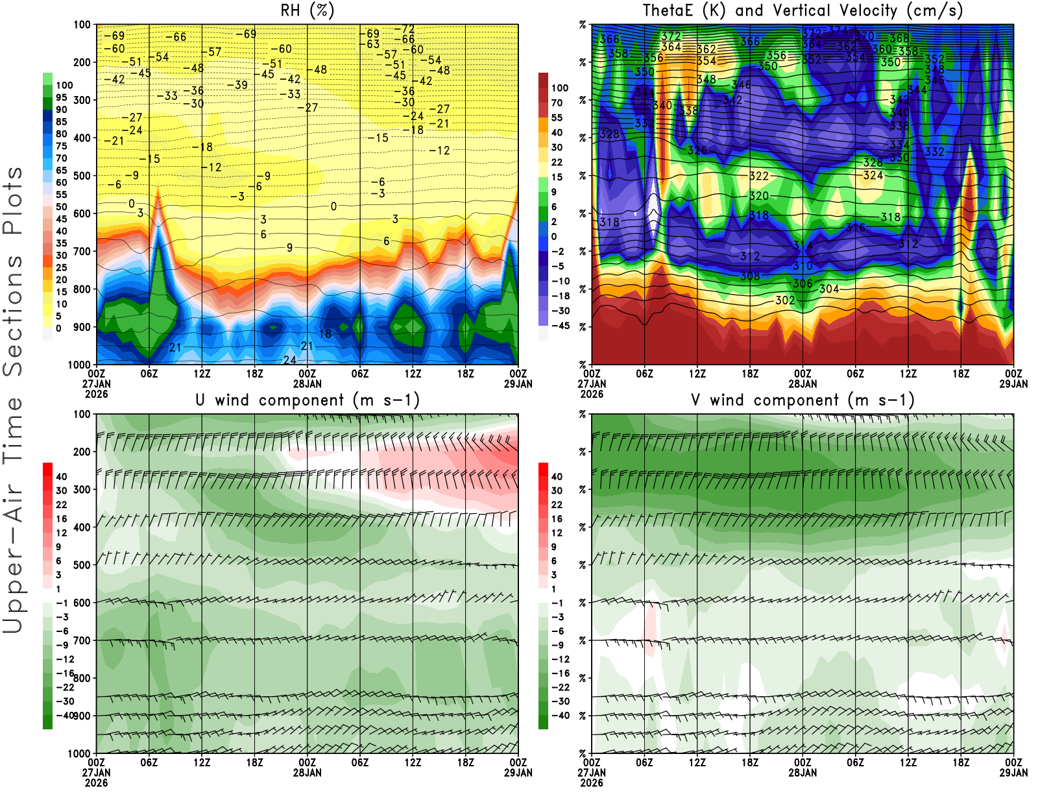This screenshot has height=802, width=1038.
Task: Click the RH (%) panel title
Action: click(x=307, y=11)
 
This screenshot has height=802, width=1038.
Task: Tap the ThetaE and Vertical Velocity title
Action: click(x=803, y=11)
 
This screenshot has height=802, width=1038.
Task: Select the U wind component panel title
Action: click(x=307, y=400)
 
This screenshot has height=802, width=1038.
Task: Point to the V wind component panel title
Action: click(x=803, y=400)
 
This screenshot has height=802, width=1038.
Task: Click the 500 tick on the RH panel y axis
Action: click(x=82, y=176)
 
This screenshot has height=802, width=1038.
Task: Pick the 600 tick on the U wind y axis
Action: click(x=82, y=603)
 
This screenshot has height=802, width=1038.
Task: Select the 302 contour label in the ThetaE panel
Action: click(x=785, y=300)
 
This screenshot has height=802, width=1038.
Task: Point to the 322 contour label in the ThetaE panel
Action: click(x=759, y=176)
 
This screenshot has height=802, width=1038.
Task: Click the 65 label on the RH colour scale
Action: click(x=61, y=171)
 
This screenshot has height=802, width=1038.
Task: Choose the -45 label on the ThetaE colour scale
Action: click(x=560, y=326)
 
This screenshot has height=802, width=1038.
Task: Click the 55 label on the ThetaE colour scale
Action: click(x=557, y=118)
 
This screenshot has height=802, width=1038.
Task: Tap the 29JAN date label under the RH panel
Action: click(x=518, y=384)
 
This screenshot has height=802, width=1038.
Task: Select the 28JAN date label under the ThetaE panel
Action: click(x=803, y=384)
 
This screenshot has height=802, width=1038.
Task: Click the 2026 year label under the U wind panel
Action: click(x=96, y=783)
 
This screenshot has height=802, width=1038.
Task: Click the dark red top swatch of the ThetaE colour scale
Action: click(x=543, y=80)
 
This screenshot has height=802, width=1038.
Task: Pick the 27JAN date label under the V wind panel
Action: click(x=592, y=773)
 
